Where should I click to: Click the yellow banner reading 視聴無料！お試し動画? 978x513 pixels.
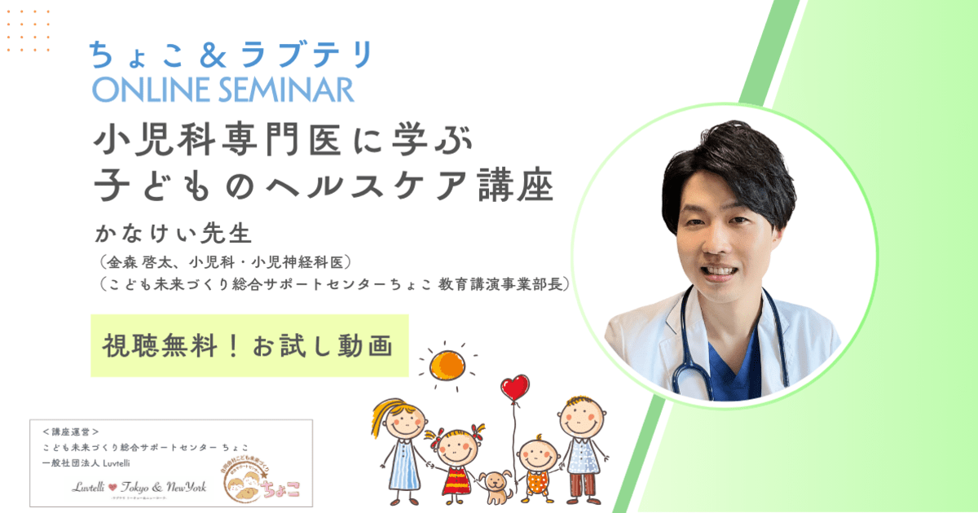(x=249, y=345)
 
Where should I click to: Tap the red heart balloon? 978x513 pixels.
(x=514, y=388)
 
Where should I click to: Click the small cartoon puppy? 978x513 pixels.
(x=494, y=486)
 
